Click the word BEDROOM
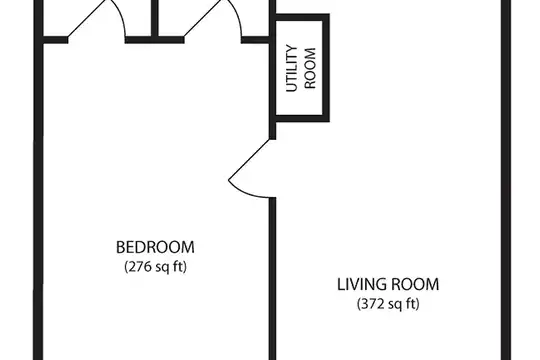point(155,247)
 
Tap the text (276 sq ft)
point(155,267)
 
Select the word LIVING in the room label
point(361,285)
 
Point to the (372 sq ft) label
point(388,304)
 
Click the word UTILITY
point(292,68)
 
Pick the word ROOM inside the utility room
point(310,68)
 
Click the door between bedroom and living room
point(252,168)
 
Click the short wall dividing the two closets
point(155,18)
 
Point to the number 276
point(139,267)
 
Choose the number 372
point(372,304)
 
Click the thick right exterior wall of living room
point(506,180)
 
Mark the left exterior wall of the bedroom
point(38,180)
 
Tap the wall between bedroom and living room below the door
point(272,279)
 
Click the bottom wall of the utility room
point(303,119)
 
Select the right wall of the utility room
point(326,68)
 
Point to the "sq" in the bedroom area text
point(162,268)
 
